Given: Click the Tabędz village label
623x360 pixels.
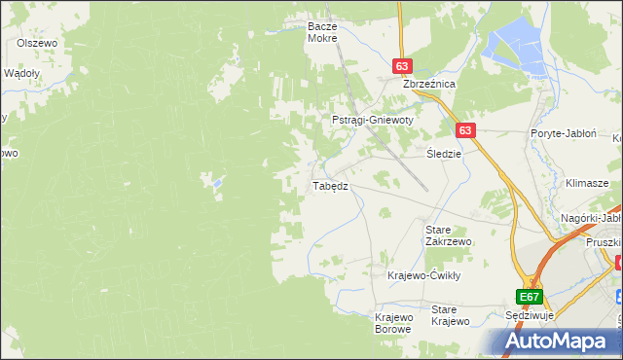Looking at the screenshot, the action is (329, 185).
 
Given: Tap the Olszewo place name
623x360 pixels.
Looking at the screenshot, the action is (39, 43).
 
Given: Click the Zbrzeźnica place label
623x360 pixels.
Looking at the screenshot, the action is (430, 85).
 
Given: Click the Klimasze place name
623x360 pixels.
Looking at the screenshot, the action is (587, 183).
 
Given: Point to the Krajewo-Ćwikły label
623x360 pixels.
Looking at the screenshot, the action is (422, 275).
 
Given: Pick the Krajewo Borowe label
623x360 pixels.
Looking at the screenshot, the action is (394, 323).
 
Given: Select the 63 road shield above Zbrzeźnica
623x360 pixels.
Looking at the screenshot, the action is (403, 66).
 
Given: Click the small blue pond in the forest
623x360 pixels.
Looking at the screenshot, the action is (217, 181).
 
